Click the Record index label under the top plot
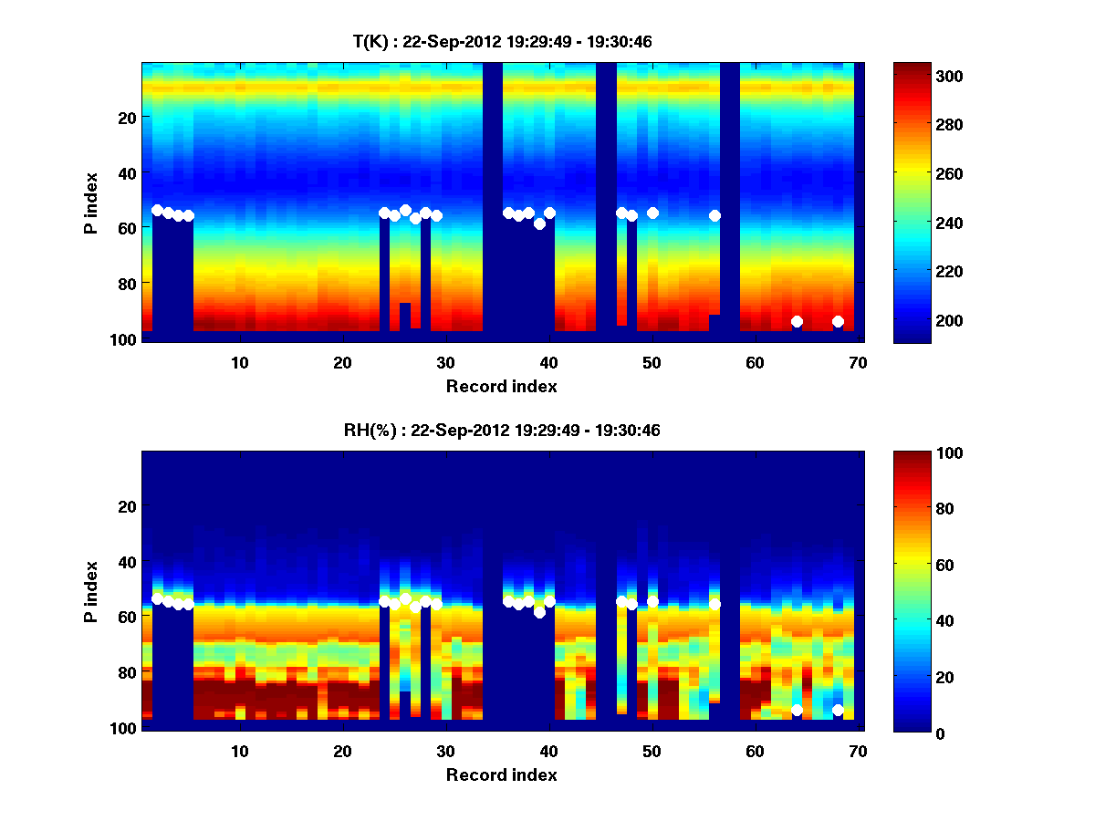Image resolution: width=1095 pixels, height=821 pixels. coord(501,386)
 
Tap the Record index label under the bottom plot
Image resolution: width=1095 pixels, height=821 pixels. coord(501,774)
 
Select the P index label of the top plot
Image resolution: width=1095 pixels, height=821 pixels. coord(91,203)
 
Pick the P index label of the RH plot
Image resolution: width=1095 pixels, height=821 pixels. coord(91,591)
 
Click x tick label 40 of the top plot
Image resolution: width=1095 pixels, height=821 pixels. coord(548,362)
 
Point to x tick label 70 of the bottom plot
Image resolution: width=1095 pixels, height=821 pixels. coord(857,751)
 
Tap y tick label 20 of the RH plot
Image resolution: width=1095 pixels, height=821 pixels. coord(128,506)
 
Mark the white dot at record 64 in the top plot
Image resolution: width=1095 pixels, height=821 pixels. coord(797,321)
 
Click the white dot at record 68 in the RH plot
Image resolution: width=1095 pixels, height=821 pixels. coord(838,710)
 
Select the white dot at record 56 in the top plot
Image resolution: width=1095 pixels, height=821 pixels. coord(714,215)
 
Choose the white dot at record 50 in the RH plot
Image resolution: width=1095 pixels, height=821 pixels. coord(652,601)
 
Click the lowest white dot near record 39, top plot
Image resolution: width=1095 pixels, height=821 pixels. coord(539,223)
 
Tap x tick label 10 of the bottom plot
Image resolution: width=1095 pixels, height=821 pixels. coord(239,751)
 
